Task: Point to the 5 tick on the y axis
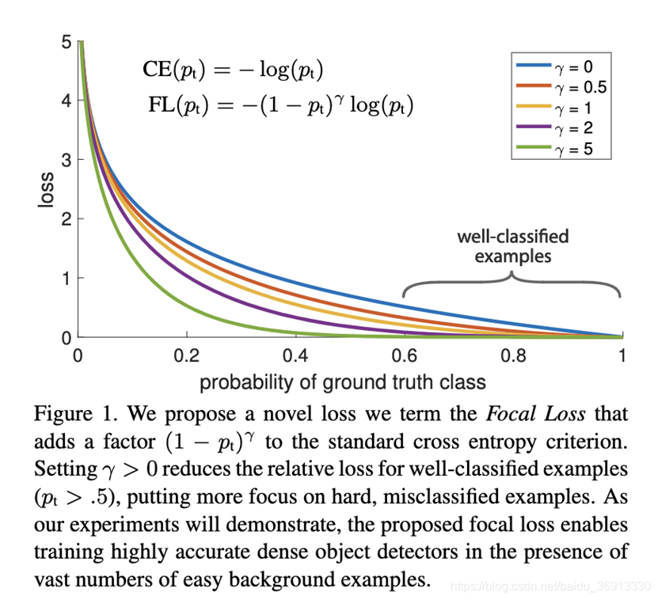[x=66, y=42]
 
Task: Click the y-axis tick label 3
[x=66, y=160]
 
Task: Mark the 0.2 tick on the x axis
[x=186, y=356]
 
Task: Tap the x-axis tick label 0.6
[x=405, y=356]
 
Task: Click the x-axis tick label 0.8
[x=514, y=356]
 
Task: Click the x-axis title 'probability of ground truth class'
[x=342, y=383]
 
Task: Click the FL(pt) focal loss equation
[x=280, y=104]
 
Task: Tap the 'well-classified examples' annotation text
[x=512, y=246]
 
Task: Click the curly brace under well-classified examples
[x=512, y=281]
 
